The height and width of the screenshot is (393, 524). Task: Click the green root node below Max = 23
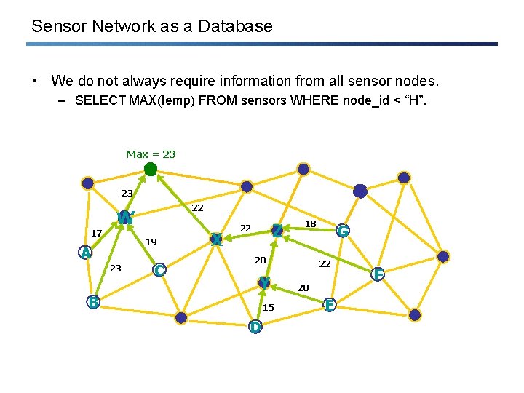point(150,170)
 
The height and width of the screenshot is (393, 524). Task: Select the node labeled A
point(86,253)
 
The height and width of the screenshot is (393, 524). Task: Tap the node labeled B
point(93,302)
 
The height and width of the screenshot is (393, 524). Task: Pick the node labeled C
point(159,270)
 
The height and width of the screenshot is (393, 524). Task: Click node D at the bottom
point(255,326)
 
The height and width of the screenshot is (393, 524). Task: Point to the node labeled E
point(330,305)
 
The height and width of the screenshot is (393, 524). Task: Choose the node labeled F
point(377,274)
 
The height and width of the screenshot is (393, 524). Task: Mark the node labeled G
point(342,231)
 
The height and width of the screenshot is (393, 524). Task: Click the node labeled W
point(125,218)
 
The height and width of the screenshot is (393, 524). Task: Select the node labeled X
point(216,239)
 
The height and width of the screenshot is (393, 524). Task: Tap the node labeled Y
point(264,282)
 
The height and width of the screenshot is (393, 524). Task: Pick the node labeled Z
point(277,231)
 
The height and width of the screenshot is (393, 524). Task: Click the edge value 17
point(96,233)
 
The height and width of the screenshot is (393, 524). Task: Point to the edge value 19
point(151,242)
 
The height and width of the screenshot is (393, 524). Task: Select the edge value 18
point(310,223)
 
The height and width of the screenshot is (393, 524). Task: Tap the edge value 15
point(269,307)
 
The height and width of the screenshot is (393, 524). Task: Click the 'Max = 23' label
point(151,154)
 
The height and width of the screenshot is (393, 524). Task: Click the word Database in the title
point(236,27)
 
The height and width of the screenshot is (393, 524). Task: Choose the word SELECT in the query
point(100,100)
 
